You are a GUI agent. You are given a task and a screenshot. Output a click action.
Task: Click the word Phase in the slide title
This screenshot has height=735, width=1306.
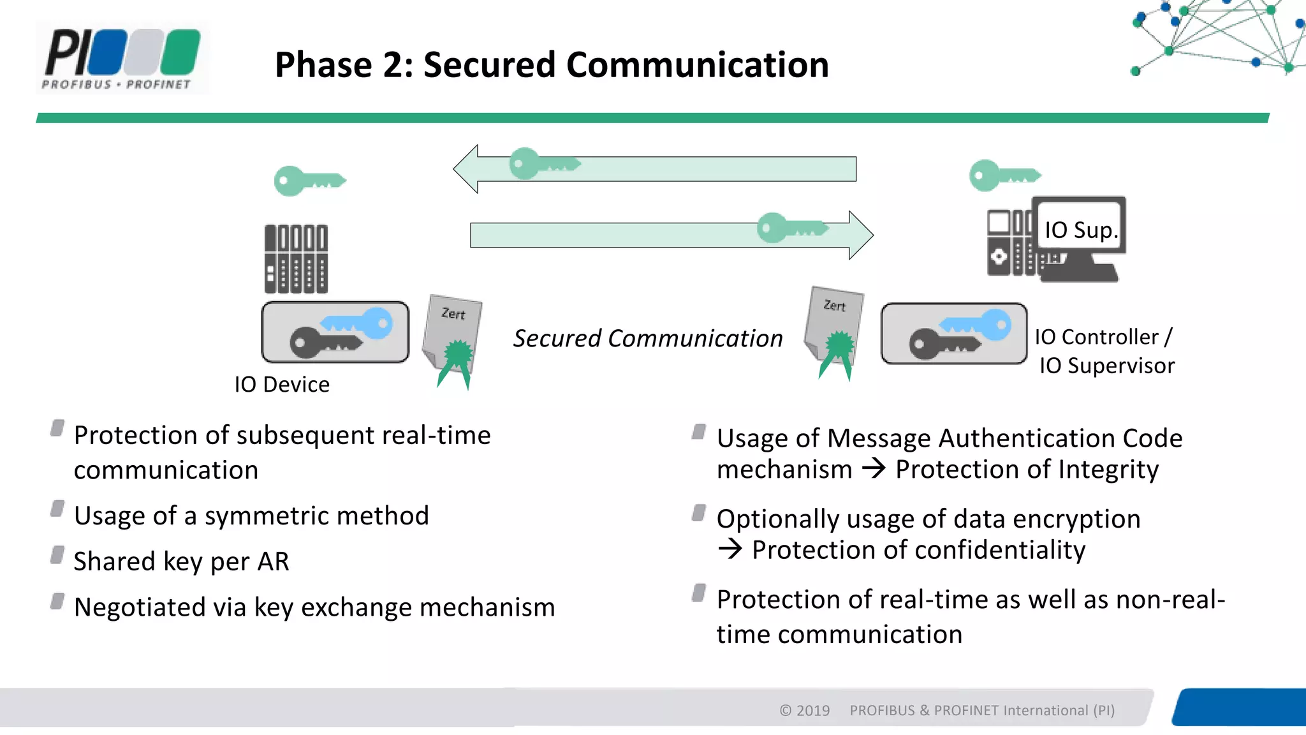click(x=323, y=65)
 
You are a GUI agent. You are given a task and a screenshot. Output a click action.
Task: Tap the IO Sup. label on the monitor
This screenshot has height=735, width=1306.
click(x=1080, y=230)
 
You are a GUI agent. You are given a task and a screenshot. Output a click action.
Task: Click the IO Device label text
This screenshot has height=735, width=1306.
click(x=282, y=385)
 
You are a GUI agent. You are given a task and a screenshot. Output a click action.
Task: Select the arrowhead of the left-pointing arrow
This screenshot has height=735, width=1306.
click(x=466, y=169)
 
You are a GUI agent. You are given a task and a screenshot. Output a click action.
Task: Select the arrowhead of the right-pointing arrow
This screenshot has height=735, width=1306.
click(x=861, y=235)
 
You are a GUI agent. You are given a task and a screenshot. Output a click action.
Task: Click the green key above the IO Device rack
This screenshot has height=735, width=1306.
click(x=309, y=181)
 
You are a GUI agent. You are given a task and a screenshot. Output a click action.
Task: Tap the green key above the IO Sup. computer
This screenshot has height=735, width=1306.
click(x=1004, y=175)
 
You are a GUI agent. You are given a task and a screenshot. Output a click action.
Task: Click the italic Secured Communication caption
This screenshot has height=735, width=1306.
click(x=648, y=339)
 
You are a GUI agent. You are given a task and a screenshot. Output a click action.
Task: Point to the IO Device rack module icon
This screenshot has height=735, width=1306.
click(x=296, y=258)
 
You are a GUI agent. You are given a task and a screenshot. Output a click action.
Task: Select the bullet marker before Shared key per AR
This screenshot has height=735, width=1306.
click(x=57, y=555)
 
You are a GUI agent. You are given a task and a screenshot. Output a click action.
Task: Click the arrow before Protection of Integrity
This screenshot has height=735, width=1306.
click(x=874, y=469)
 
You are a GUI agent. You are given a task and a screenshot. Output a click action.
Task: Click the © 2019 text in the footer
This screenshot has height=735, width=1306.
click(x=804, y=711)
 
